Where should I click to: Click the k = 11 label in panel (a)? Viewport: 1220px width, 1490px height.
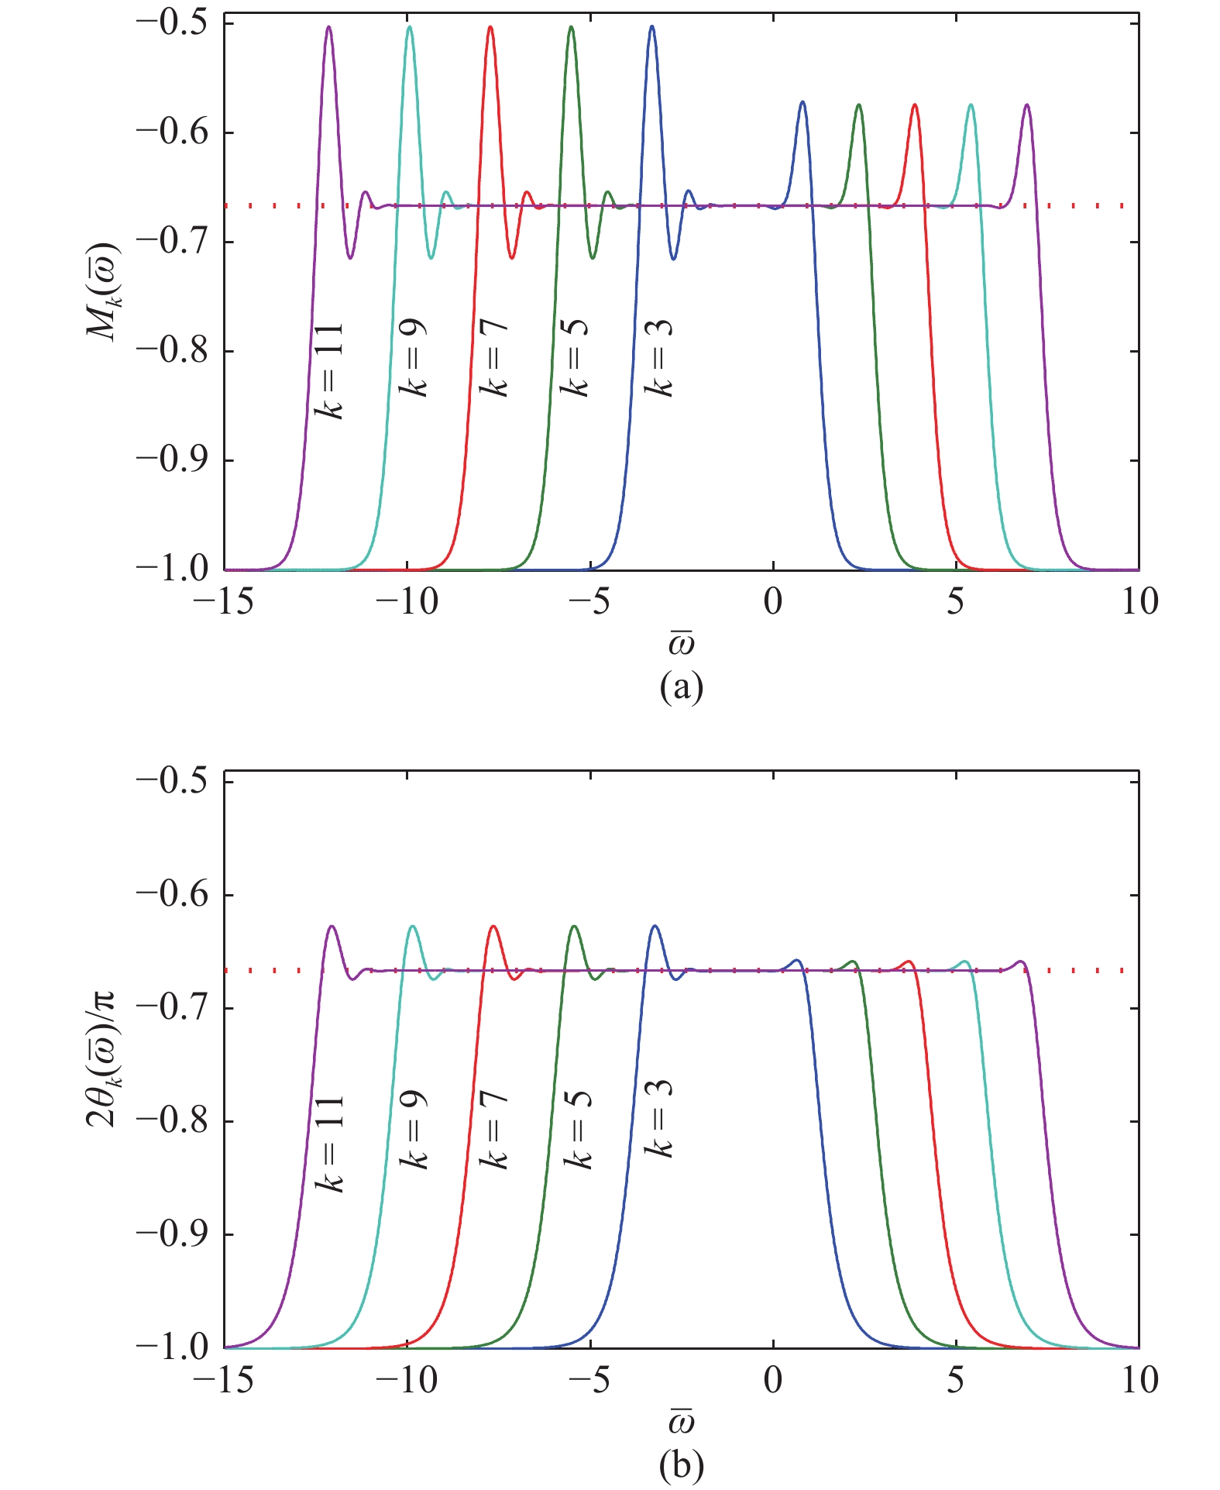coord(330,371)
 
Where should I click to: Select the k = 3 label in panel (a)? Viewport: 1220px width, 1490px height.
coord(659,358)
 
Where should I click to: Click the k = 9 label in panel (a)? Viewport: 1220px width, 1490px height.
coord(413,358)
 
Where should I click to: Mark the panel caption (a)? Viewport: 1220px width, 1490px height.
coord(681,687)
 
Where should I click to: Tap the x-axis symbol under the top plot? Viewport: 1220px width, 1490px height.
coord(681,642)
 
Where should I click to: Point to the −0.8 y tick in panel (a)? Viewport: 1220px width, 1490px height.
coord(172,351)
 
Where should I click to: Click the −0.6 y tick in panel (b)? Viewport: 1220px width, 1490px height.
coord(172,895)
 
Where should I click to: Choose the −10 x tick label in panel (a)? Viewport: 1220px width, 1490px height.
coord(407,602)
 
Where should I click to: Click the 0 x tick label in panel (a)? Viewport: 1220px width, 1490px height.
coord(773,602)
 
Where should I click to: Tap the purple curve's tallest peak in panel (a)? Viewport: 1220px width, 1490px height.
coord(329,27)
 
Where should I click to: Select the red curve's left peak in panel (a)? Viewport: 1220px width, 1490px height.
coord(490,27)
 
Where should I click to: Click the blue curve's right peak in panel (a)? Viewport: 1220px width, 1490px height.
coord(802,102)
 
